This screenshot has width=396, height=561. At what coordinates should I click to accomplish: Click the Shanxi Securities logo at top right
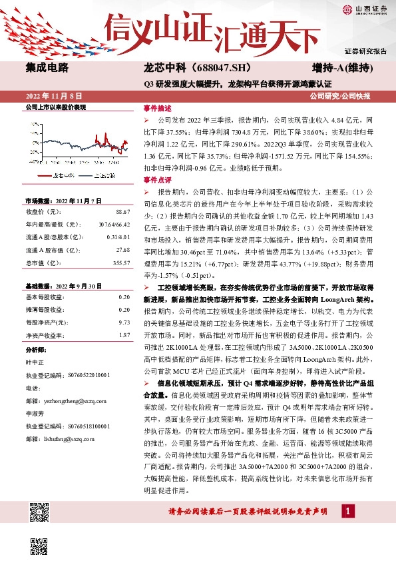pos(365,9)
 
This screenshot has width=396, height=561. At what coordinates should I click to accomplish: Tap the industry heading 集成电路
pos(47,68)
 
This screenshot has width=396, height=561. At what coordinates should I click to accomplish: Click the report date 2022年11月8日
pos(53,96)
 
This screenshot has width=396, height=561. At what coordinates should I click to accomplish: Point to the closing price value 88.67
pos(122,211)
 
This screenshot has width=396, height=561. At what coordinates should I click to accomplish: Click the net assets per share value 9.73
pos(124,322)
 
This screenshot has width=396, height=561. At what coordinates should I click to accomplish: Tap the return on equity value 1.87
pos(124,334)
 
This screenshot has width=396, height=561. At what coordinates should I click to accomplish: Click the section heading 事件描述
pos(157,108)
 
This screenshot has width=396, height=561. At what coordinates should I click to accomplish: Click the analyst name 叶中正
pos(33,362)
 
